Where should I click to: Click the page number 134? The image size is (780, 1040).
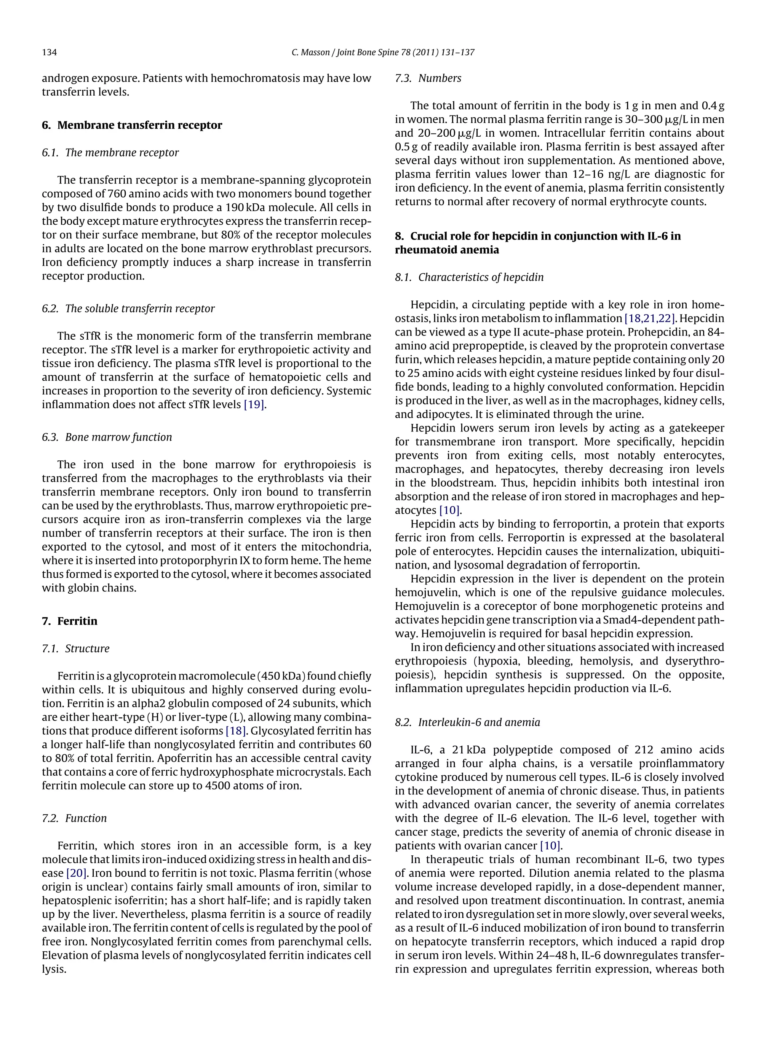50,53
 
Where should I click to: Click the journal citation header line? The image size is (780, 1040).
383,53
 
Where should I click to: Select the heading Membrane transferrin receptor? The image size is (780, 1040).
140,125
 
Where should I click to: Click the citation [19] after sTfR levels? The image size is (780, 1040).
254,404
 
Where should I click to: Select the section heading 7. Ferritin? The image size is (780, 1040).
70,621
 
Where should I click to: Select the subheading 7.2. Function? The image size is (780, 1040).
74,818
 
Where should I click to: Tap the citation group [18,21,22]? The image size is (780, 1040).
650,318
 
